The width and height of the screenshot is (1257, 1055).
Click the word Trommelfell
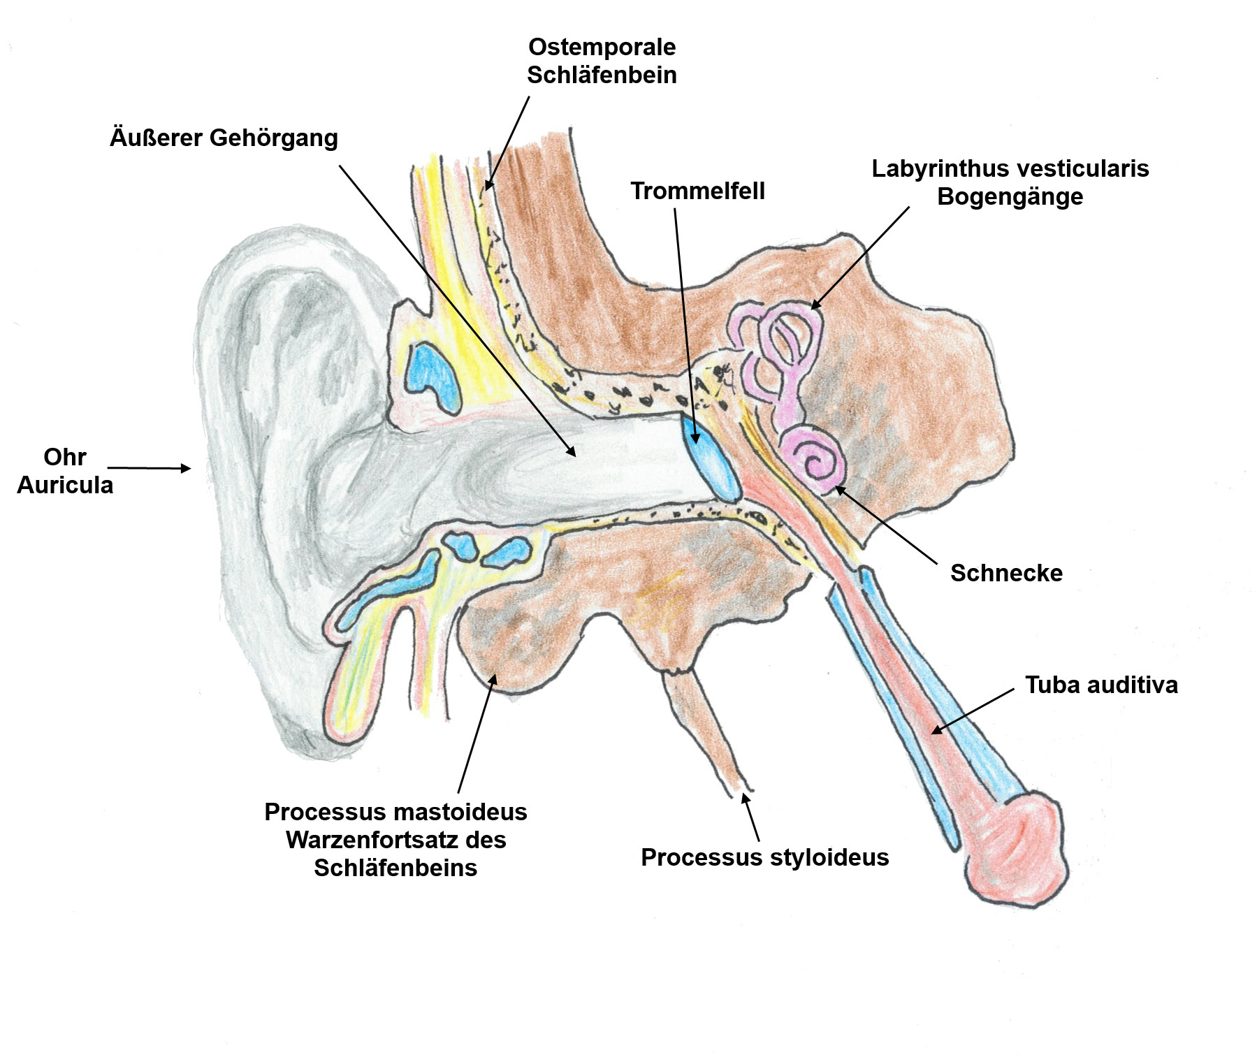tap(697, 191)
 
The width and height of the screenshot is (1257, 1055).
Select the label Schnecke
tap(1006, 573)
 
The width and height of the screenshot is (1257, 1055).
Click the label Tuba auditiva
tap(1101, 685)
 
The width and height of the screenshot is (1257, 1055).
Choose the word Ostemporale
tap(602, 47)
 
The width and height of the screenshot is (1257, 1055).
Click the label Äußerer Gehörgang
tap(224, 138)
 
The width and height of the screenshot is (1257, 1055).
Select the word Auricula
tap(65, 485)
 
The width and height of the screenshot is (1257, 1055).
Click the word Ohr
tap(65, 457)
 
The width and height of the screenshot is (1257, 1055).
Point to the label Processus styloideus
tap(764, 857)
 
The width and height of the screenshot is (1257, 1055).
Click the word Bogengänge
tap(1010, 196)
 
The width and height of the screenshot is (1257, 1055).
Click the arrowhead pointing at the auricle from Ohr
tap(186, 468)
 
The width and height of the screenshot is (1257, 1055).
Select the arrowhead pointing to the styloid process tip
tap(746, 797)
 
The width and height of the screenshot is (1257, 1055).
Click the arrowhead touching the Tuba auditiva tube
tap(937, 730)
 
